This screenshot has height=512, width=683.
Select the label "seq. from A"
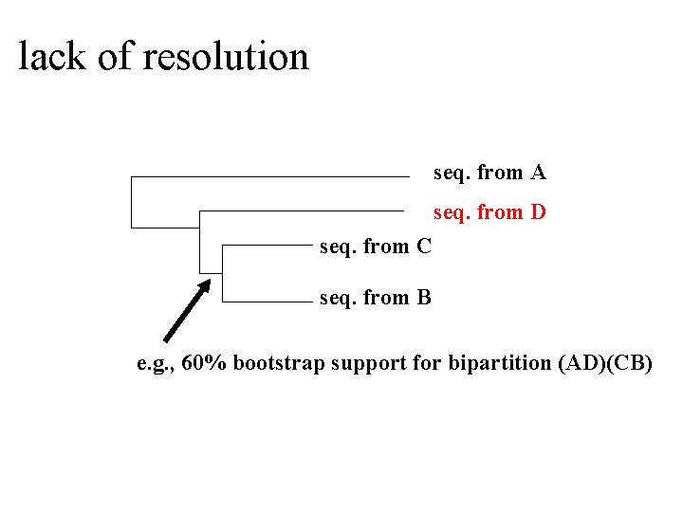pos(489,173)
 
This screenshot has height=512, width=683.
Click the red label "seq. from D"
pos(489,211)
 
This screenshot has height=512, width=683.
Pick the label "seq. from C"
pos(376,247)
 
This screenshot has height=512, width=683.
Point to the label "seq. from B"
pos(376,298)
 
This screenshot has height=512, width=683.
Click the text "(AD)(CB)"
pos(605,363)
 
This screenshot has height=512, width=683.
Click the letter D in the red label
pos(538,211)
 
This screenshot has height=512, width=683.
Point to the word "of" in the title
pos(114,57)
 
